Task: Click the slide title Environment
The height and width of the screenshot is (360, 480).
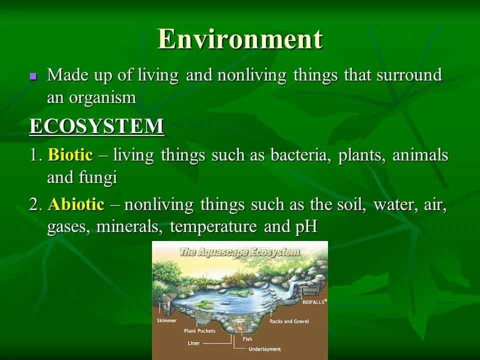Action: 240,39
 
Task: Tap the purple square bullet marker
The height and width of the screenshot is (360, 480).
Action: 33,76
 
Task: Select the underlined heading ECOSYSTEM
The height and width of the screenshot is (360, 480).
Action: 96,126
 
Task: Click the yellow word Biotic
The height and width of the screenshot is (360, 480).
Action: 70,154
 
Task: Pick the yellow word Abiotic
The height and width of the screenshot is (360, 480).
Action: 76,204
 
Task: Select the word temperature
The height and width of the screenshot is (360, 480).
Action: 213,227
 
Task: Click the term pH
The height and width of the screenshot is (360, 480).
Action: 306,227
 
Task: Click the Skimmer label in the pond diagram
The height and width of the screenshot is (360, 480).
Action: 166,320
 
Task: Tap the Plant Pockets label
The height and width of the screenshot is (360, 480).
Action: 199,331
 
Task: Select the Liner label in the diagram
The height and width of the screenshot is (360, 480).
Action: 193,343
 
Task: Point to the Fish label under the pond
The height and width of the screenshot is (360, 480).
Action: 247,339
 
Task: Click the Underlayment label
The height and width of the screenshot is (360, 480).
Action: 264,349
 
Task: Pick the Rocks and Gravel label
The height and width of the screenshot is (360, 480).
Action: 289,321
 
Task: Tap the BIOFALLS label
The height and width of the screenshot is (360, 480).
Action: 313,302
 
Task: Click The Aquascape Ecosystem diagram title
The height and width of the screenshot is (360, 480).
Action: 239,252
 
